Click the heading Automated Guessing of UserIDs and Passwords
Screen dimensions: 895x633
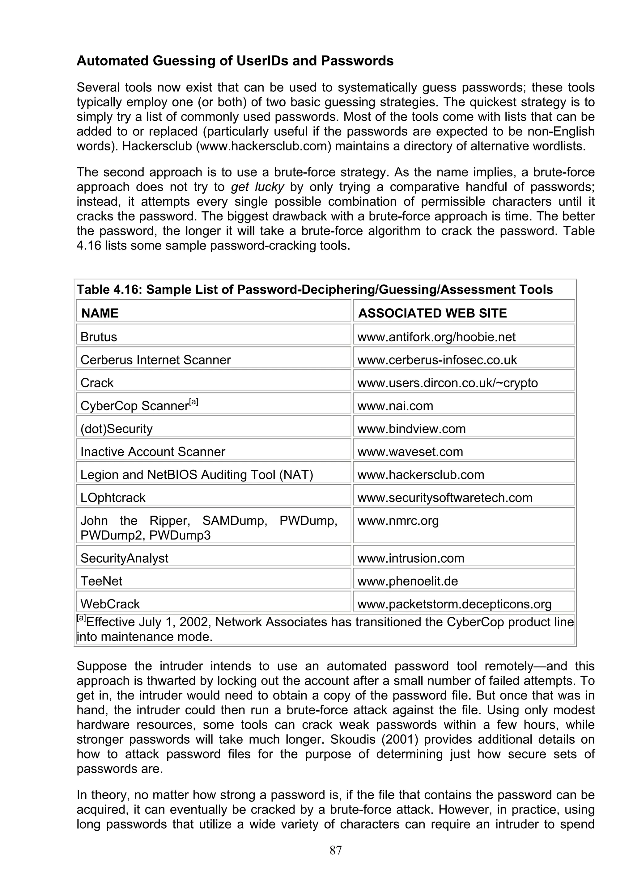[235, 61]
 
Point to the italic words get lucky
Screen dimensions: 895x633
[257, 187]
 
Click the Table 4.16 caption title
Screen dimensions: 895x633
[314, 290]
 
